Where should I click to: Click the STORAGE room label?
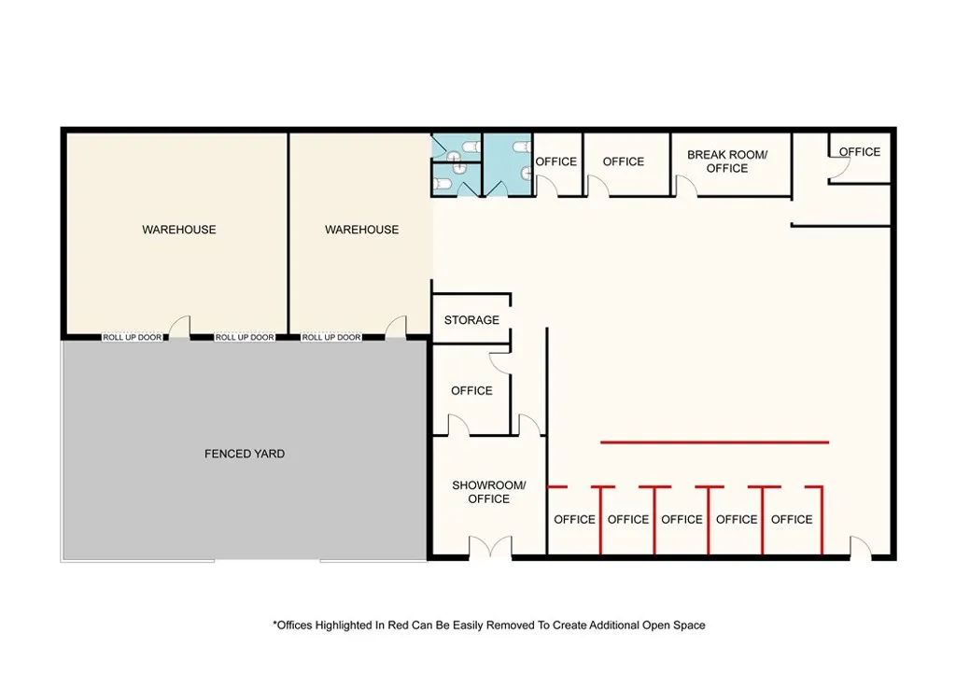471,320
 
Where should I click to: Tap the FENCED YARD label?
245,454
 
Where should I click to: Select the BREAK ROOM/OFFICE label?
727,161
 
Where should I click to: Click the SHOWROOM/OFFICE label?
489,492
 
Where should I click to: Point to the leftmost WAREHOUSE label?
179,230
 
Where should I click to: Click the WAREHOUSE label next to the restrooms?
362,230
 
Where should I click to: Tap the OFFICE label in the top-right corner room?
859,151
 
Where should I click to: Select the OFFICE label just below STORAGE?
471,391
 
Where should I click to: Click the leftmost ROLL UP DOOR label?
133,337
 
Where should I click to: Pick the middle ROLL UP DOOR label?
245,337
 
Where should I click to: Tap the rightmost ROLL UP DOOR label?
331,337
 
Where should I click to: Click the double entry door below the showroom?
490,549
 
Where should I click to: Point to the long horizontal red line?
714,442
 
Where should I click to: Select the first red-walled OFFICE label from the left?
574,520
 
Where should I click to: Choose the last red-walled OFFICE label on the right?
792,520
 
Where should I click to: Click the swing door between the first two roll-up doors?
181,328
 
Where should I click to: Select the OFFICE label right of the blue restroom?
556,161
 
